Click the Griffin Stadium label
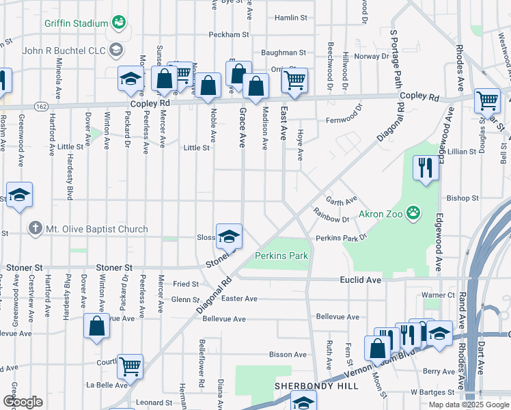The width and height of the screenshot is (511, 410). [x=76, y=23]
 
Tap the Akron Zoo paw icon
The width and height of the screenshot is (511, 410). [x=413, y=214]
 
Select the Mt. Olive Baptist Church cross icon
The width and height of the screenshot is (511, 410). [x=35, y=228]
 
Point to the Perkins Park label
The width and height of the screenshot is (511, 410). [x=281, y=256]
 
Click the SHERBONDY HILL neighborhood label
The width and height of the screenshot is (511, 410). [x=316, y=386]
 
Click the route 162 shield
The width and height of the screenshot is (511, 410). [x=41, y=107]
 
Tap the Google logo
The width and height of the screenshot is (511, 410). [x=22, y=402]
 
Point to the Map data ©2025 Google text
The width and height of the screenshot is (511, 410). [x=469, y=405]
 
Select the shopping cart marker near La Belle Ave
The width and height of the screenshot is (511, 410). [x=129, y=366]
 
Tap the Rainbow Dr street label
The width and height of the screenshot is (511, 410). [x=332, y=219]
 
